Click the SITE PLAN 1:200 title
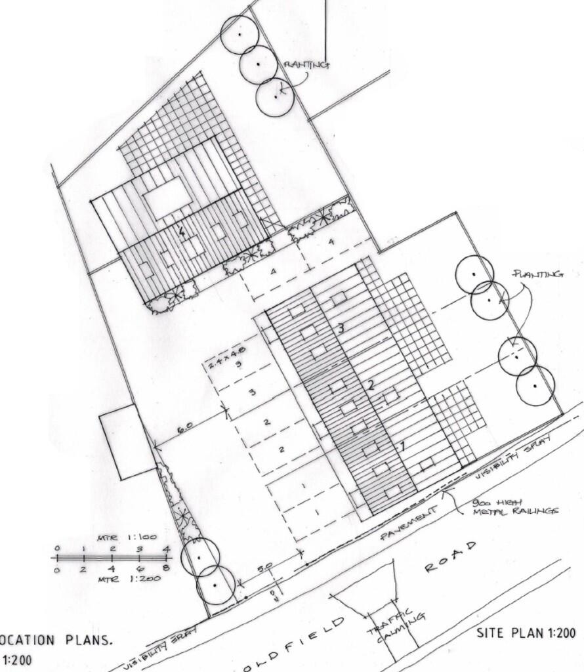526,633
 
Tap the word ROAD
450,557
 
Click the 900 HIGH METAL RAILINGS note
515,507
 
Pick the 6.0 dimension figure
185,427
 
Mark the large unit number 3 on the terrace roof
341,327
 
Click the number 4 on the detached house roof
182,231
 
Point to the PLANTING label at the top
306,64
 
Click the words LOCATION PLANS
56,640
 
